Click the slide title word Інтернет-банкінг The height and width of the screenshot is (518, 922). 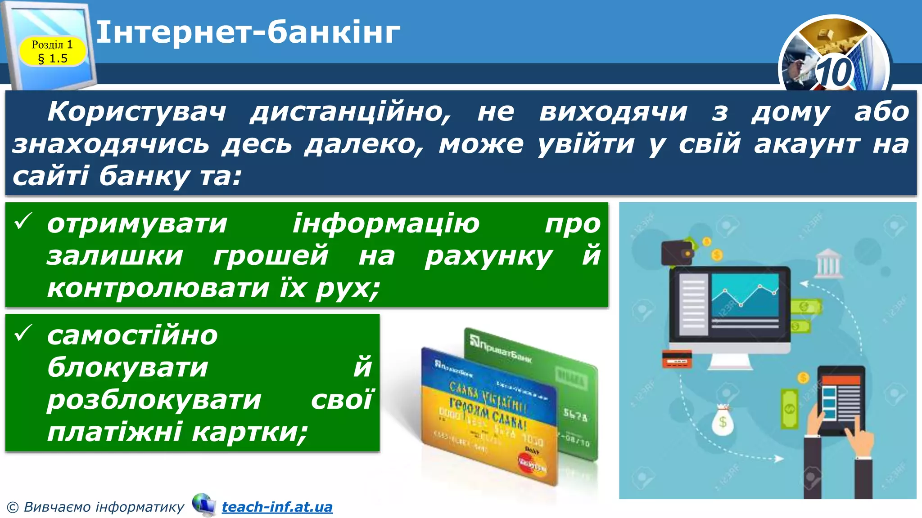coord(248,32)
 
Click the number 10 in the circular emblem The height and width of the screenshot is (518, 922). coord(834,72)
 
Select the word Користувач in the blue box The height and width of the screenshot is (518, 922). coord(137,112)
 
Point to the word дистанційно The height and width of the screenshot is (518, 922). coord(351,112)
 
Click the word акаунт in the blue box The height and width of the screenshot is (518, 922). coord(807,144)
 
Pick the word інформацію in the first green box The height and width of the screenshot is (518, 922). coord(386,223)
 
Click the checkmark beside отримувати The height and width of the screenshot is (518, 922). coord(23,221)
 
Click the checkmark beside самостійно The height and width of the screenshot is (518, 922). coord(23,333)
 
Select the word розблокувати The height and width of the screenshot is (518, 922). coord(154,399)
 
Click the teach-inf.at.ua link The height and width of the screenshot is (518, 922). coord(277,507)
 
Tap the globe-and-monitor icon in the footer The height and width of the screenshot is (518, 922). coord(203,505)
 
